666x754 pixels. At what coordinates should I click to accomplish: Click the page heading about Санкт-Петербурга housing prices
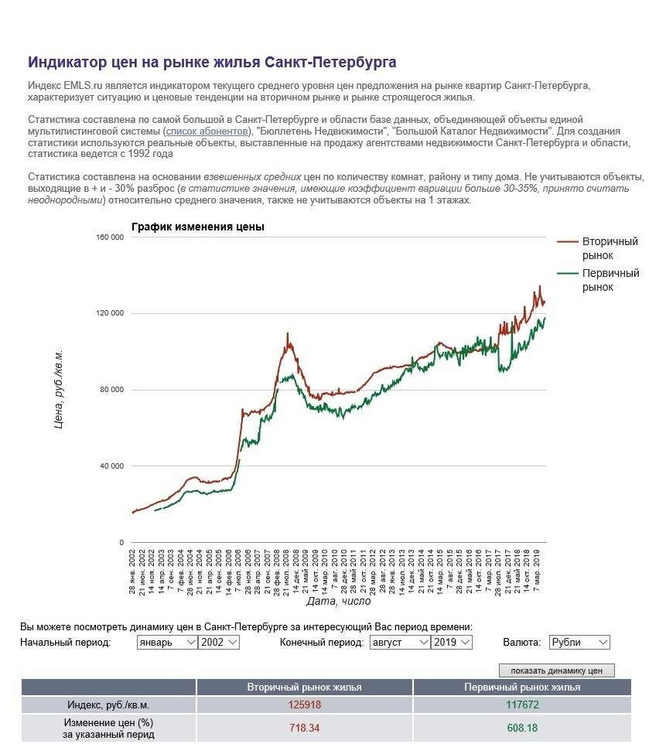212,62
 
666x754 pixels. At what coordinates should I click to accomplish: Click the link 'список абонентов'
208,131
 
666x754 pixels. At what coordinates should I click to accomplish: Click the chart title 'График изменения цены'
198,227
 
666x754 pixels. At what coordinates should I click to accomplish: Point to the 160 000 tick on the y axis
109,237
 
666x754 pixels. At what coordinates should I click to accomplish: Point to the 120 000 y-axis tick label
109,313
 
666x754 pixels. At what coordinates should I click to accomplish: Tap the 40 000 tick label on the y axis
111,466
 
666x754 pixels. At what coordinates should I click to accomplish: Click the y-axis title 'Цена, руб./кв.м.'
59,390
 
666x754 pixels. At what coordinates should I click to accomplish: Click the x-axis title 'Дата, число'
338,601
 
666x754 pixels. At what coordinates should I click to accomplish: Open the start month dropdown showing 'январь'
166,642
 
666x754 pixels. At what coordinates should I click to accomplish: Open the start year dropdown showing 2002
219,642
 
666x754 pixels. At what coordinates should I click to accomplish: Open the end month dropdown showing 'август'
399,642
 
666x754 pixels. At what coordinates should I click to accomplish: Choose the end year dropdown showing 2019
452,642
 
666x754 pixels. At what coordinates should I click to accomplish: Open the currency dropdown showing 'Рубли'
579,642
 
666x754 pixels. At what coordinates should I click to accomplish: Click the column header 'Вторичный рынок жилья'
304,687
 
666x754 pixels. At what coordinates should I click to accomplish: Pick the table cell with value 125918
304,705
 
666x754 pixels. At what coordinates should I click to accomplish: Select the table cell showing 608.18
521,728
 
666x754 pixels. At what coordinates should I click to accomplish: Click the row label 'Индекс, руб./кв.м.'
108,705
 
